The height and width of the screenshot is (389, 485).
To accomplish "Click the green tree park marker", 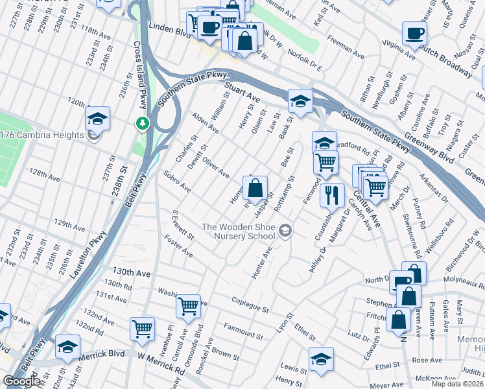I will (x=141, y=123).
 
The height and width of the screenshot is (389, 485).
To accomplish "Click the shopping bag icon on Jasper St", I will (x=256, y=189).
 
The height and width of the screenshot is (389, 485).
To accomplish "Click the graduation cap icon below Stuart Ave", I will (x=300, y=101).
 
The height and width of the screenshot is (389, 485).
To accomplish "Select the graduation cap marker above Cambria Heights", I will (x=97, y=119).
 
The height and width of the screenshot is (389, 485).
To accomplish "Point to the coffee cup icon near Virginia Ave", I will (x=414, y=34).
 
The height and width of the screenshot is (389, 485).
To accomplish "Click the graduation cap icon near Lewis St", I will (x=321, y=359).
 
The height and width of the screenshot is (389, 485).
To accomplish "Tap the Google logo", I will (x=21, y=381).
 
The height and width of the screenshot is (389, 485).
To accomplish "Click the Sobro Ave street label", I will (x=177, y=182).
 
